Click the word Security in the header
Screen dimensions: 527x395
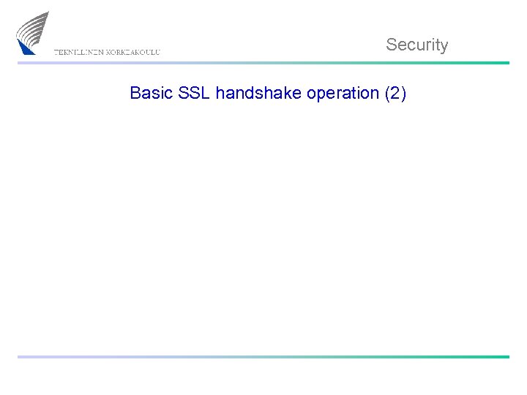416,45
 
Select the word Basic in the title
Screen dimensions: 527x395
148,94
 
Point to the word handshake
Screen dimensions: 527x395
258,94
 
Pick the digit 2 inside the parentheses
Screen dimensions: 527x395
395,94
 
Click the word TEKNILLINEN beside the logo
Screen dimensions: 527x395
79,52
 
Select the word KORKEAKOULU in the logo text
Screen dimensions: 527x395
133,52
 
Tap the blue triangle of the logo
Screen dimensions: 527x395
27,48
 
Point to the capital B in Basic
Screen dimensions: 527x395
135,94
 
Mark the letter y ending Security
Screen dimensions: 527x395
444,46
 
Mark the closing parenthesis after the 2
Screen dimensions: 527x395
403,94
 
